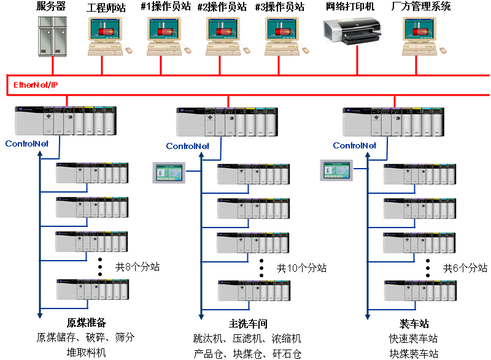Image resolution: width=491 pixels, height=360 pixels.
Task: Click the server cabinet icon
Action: tap(53, 36)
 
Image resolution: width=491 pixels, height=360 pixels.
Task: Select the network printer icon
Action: tap(352, 30)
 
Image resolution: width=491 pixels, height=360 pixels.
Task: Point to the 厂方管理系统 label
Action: tap(421, 7)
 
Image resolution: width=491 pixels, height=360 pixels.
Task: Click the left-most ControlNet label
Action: tap(30, 144)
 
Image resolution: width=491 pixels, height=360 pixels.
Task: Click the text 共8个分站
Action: tap(138, 267)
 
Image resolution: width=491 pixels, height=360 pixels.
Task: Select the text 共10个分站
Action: tap(301, 268)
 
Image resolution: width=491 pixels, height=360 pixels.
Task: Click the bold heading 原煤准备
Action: tap(87, 323)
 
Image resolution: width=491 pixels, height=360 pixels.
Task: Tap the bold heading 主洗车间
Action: tap(248, 323)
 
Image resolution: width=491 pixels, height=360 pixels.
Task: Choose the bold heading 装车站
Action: tap(414, 323)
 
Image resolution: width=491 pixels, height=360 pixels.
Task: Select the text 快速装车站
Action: tap(414, 339)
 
